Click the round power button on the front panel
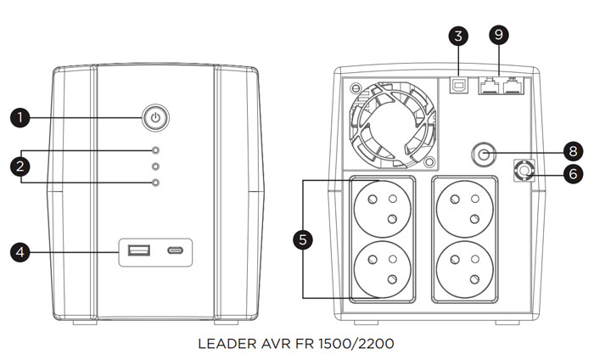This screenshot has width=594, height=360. [154, 117]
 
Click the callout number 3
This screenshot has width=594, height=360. [459, 36]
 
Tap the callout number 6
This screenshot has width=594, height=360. [572, 172]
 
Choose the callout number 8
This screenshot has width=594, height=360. [572, 149]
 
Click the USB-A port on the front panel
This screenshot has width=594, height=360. [138, 250]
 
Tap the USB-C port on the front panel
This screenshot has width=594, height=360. [176, 250]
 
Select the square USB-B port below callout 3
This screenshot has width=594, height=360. [459, 85]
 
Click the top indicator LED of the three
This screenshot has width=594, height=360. [154, 150]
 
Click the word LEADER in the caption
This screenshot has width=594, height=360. [227, 345]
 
